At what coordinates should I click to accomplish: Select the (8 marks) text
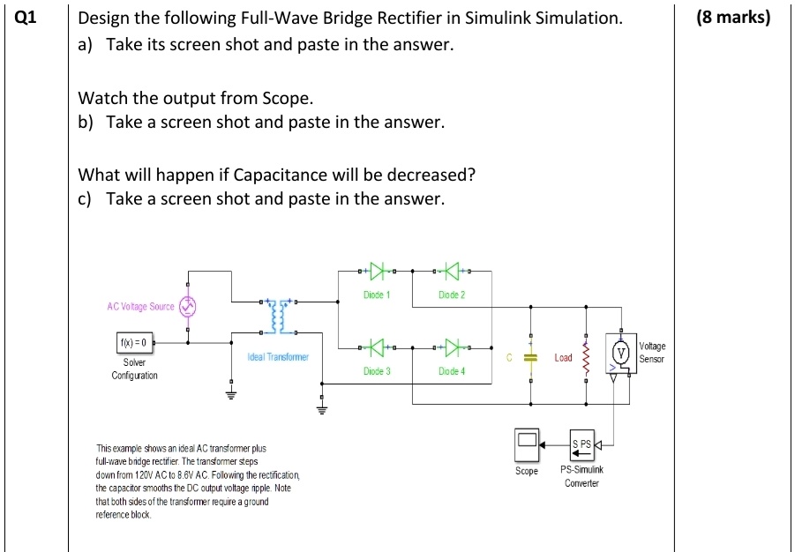(x=732, y=18)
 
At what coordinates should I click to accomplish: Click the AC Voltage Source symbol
(x=187, y=306)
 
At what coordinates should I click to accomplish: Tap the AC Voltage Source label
(x=140, y=306)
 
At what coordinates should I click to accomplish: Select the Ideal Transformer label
(x=278, y=357)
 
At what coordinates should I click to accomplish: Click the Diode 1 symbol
(x=377, y=270)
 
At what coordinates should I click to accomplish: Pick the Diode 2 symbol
(x=451, y=270)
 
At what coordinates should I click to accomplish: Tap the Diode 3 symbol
(x=377, y=347)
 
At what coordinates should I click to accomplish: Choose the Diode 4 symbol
(x=451, y=347)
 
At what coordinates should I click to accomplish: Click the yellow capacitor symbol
(x=530, y=357)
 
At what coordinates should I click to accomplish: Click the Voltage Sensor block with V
(x=621, y=354)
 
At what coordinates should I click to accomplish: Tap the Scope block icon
(x=527, y=444)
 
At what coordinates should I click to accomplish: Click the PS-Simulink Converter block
(x=582, y=444)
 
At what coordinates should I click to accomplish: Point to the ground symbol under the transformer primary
(x=233, y=392)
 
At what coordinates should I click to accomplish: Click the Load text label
(x=562, y=358)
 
